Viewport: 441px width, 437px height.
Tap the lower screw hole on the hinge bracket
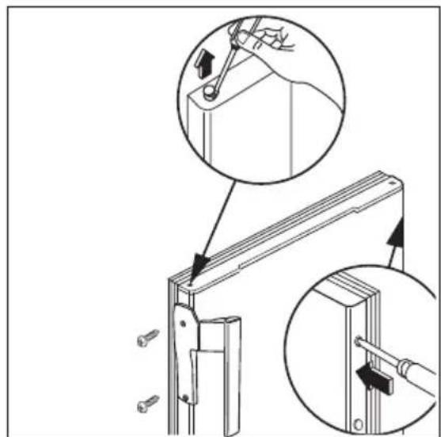tap(185, 393)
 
